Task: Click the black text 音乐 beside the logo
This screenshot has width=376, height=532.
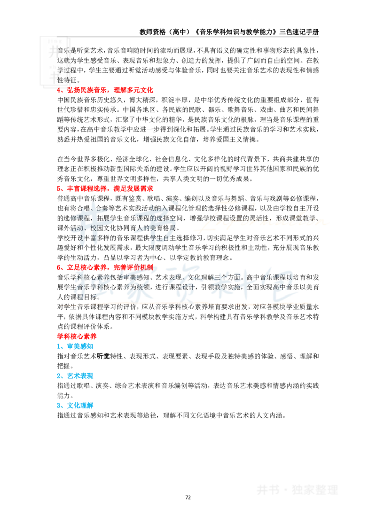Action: coord(63,51)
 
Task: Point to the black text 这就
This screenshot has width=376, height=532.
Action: coord(63,60)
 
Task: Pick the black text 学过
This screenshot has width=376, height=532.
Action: coord(63,70)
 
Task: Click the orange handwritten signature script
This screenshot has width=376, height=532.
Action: coord(261,217)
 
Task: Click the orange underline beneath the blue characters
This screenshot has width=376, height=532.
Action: coord(183,304)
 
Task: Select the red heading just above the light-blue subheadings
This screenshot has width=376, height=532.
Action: coord(77,336)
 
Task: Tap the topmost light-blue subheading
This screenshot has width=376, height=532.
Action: coord(75,346)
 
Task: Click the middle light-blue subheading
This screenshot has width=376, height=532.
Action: coord(75,376)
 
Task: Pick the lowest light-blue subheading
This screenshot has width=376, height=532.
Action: coord(75,405)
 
